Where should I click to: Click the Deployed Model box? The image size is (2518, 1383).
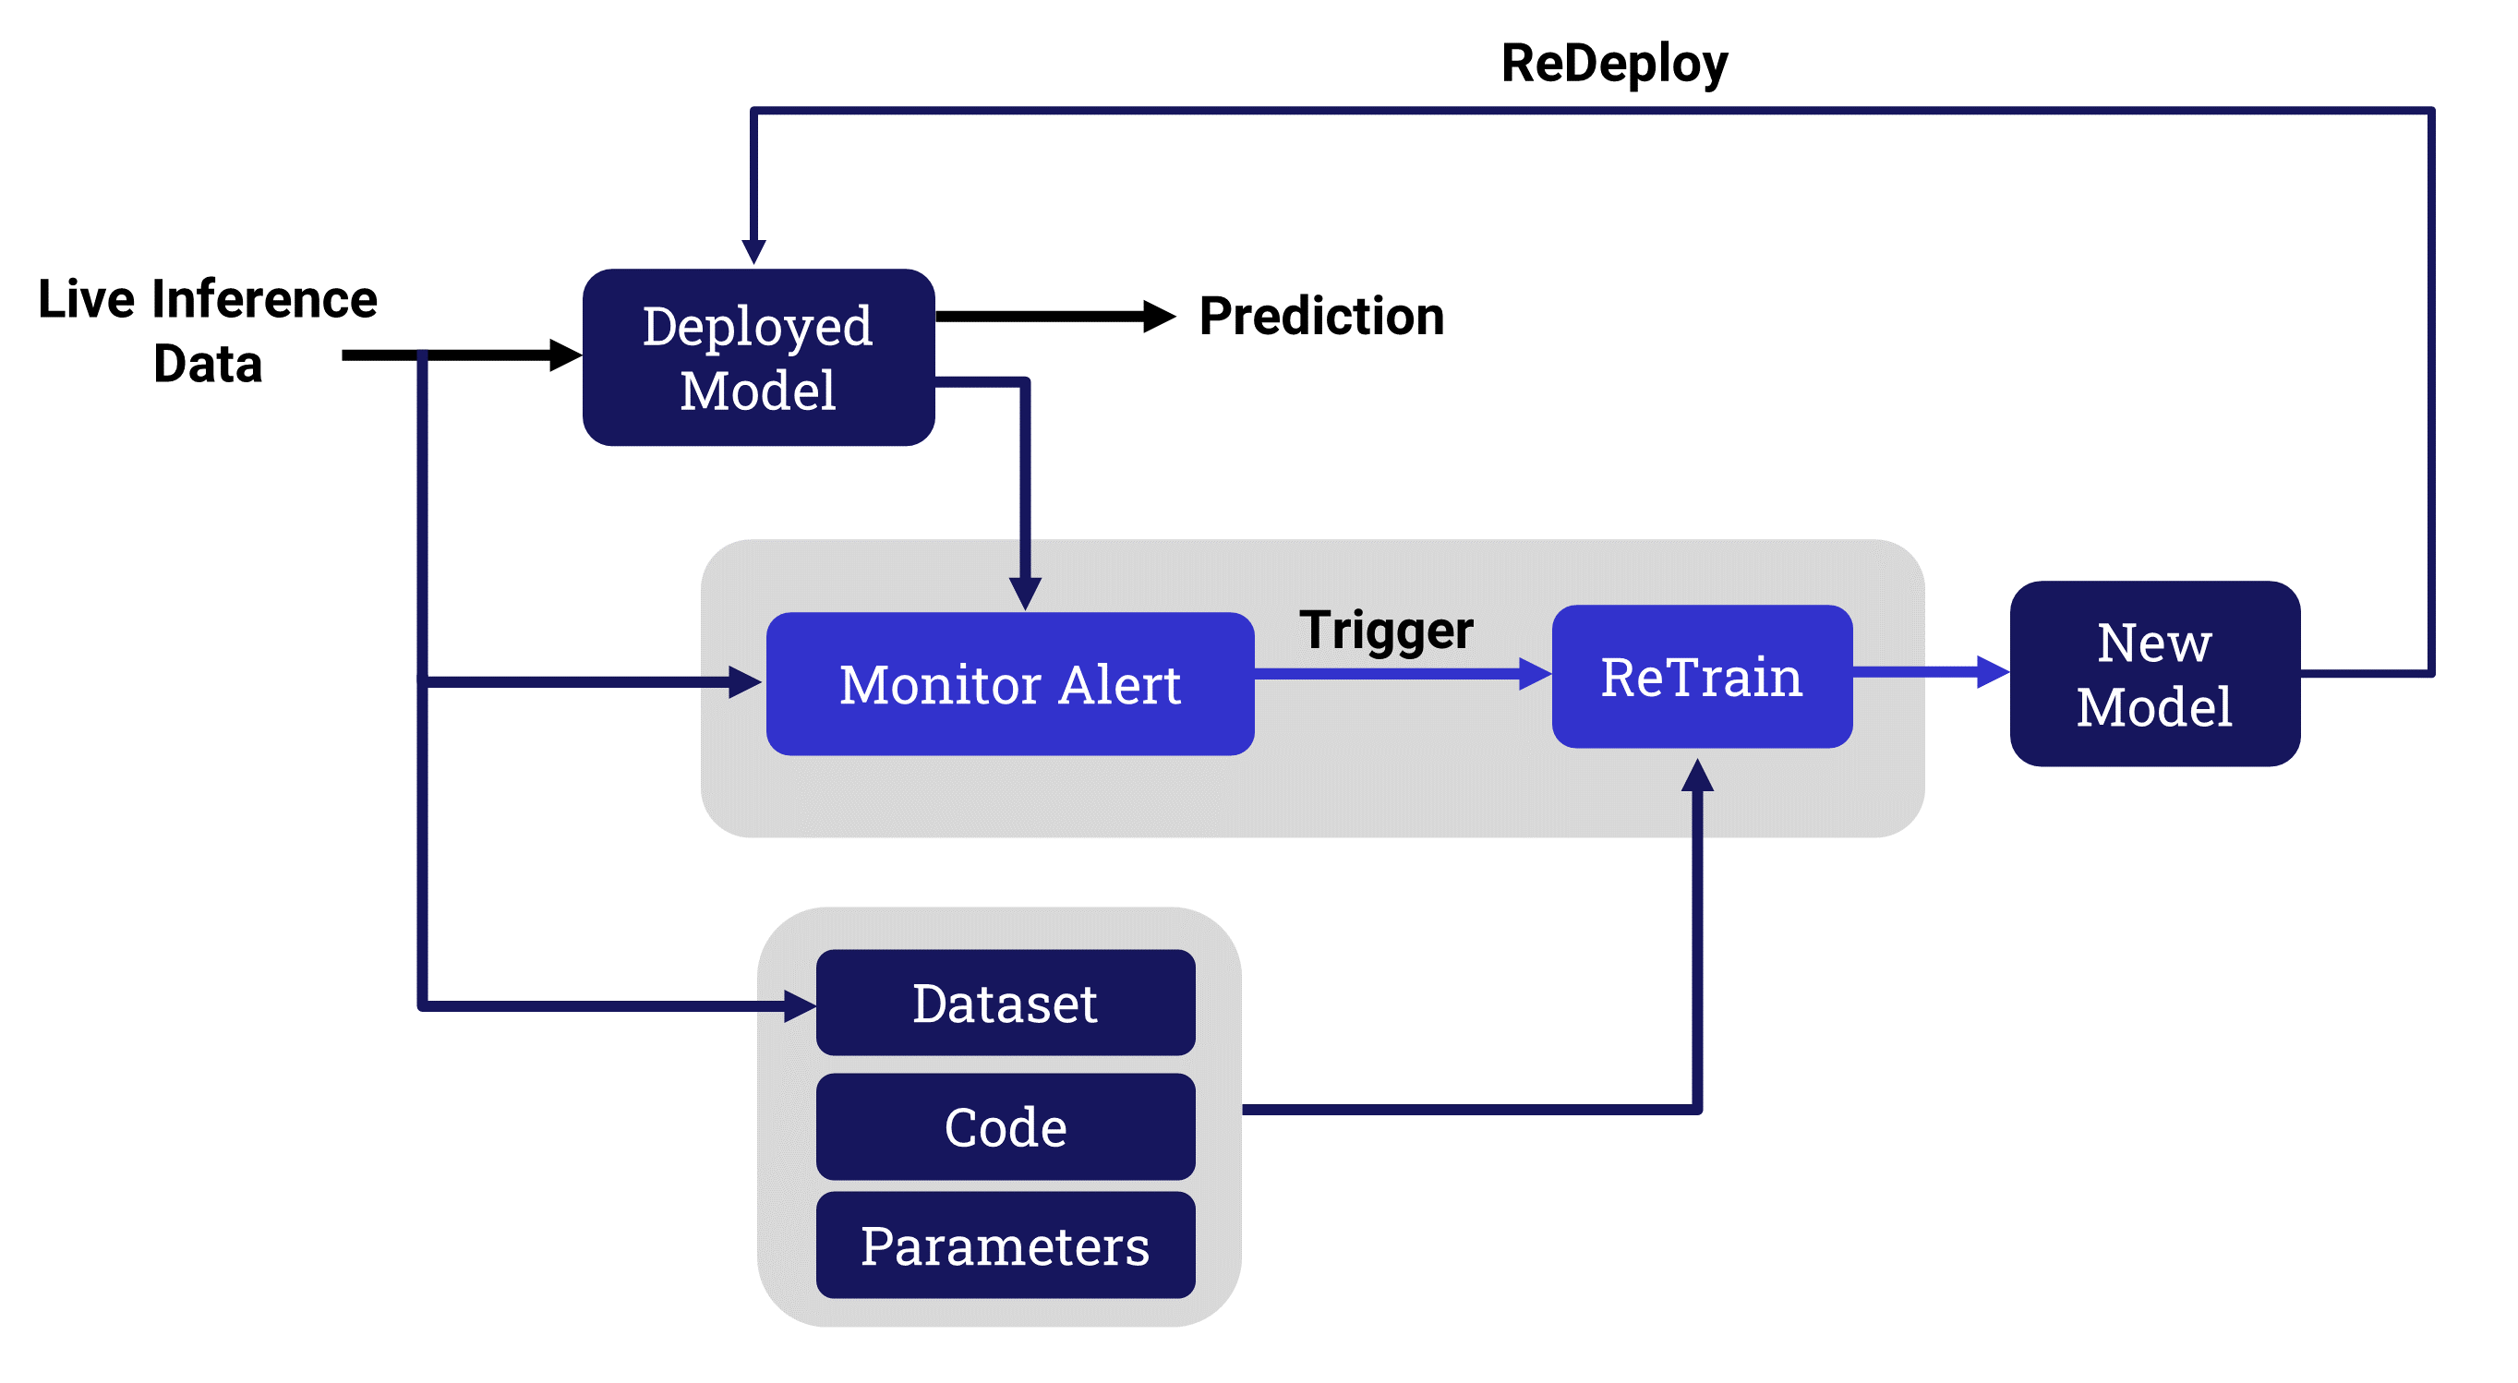pos(757,357)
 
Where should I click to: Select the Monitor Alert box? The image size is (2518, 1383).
pos(1010,684)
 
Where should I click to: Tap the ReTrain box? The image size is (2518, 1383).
pos(1702,678)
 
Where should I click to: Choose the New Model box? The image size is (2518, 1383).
pos(2154,674)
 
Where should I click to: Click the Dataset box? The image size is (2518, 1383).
pos(1005,1004)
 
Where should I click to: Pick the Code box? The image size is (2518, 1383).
pos(1005,1127)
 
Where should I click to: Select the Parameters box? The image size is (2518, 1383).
pos(1005,1246)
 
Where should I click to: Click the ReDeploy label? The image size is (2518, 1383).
pos(1614,64)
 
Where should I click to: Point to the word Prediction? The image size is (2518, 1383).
pos(1321,317)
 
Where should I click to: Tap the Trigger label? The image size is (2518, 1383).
pos(1386,631)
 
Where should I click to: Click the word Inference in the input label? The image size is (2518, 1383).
pos(264,299)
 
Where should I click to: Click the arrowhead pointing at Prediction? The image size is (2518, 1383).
pos(1160,317)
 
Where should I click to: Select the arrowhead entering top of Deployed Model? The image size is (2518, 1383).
pos(753,251)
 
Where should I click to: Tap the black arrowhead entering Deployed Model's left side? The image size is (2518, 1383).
pos(566,355)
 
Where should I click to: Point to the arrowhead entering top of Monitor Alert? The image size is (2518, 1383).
pos(1024,595)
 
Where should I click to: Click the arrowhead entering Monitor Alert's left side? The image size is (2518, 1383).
pos(746,682)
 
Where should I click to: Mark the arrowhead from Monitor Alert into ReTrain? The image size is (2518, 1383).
pos(1536,674)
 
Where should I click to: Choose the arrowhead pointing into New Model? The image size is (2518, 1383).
pos(1994,672)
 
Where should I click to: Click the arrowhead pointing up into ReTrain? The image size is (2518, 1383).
pos(1697,776)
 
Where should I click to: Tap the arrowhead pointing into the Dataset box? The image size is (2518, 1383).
pos(801,1005)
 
